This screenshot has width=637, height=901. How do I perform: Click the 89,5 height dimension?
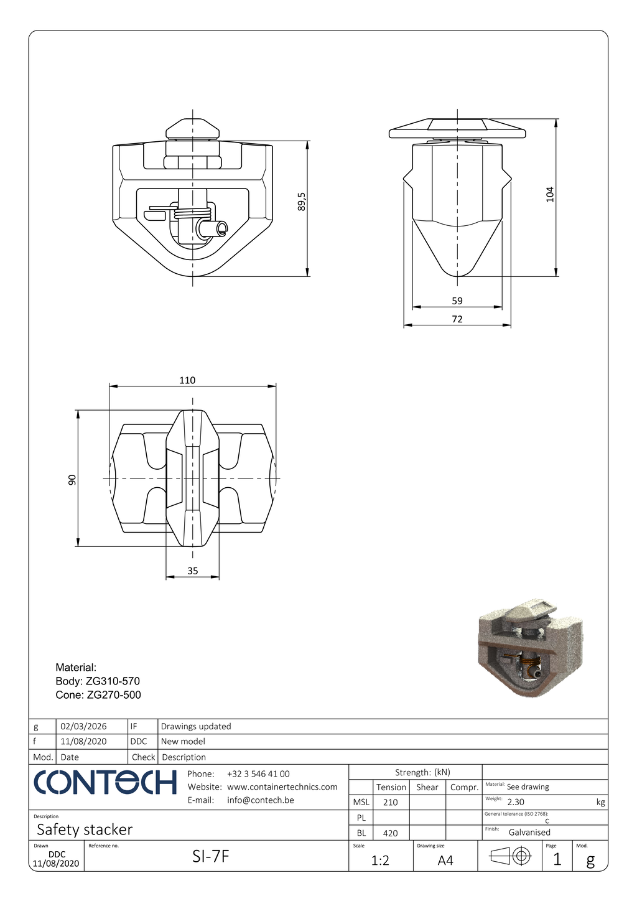click(302, 202)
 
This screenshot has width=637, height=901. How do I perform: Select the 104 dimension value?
click(549, 194)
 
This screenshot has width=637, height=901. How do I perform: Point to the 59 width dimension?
click(457, 301)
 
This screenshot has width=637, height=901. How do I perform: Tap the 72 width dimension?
click(457, 319)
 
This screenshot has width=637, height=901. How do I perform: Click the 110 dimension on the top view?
click(187, 380)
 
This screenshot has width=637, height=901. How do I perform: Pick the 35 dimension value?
click(193, 571)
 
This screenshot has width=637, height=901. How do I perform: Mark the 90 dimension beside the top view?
click(72, 480)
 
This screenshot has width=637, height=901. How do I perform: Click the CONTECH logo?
click(105, 783)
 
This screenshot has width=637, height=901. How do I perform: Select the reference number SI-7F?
click(210, 857)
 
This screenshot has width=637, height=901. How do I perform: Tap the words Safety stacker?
click(85, 829)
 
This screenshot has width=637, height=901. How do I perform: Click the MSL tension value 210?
click(390, 802)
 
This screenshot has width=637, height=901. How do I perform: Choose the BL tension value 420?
click(390, 833)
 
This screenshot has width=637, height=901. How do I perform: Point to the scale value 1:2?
click(380, 861)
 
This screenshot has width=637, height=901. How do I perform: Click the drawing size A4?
click(445, 861)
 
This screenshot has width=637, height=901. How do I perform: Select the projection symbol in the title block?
click(510, 857)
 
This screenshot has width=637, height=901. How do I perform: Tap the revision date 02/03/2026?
click(83, 726)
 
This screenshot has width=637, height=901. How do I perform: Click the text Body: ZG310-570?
click(98, 681)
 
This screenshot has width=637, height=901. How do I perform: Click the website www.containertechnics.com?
click(282, 787)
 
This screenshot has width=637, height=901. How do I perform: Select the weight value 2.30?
click(516, 802)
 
